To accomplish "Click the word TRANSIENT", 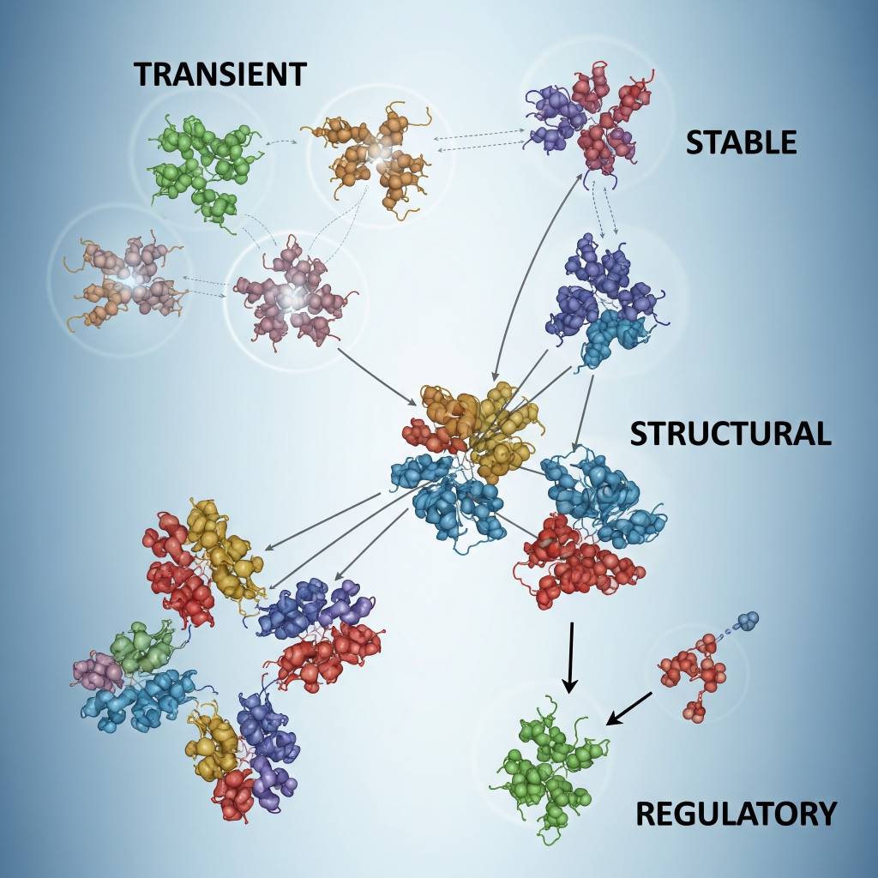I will [219, 75].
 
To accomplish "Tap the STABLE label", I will [741, 141].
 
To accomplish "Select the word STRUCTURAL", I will [731, 434].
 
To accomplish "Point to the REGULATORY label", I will [736, 813].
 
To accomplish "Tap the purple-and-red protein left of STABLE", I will [588, 120].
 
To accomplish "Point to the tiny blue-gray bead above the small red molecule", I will [749, 620].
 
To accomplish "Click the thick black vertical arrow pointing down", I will [570, 656].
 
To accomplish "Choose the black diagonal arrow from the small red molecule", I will [630, 707].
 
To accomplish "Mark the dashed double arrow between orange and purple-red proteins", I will [480, 140].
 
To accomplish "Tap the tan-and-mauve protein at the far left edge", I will [120, 279].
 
